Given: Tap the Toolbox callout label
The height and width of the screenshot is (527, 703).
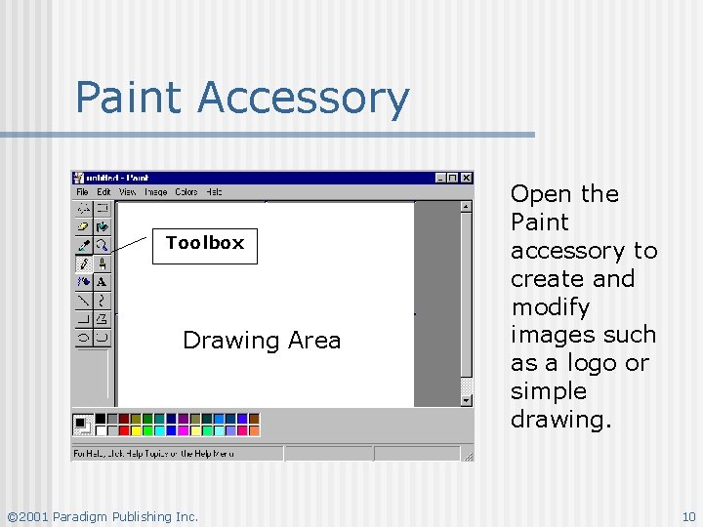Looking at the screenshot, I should point(204,243).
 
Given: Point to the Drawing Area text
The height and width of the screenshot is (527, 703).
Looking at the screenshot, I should point(262,341).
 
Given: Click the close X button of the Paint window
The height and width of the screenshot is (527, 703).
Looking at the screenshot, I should point(467,178).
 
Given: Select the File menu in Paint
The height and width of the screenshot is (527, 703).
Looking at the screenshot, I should point(82,192).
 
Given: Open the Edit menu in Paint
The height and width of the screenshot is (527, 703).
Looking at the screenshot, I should point(103,192).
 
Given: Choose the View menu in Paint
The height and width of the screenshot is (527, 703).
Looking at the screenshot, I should point(128,192).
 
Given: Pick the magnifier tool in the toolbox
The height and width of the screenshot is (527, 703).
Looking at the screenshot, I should point(102,245).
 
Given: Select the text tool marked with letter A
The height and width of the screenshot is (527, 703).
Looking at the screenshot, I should point(102,282).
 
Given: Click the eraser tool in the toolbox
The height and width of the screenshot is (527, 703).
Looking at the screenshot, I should point(84,226).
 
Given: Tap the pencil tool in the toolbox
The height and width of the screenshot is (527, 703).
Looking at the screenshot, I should point(84,263).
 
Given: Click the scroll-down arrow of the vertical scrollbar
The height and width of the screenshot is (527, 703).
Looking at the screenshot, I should point(466,399).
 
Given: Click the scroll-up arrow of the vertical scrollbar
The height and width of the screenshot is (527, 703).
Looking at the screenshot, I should point(466,206).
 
